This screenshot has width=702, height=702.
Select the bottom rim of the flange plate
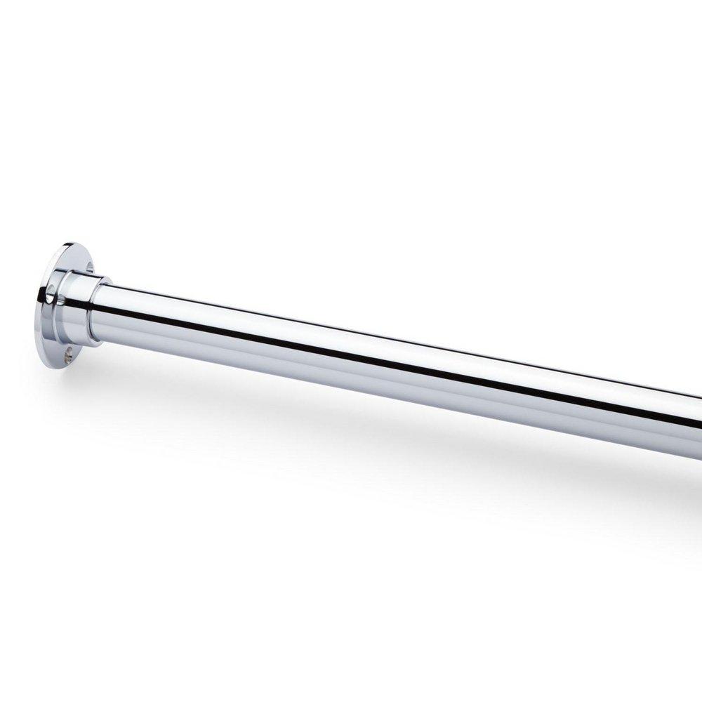[x=56, y=362]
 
